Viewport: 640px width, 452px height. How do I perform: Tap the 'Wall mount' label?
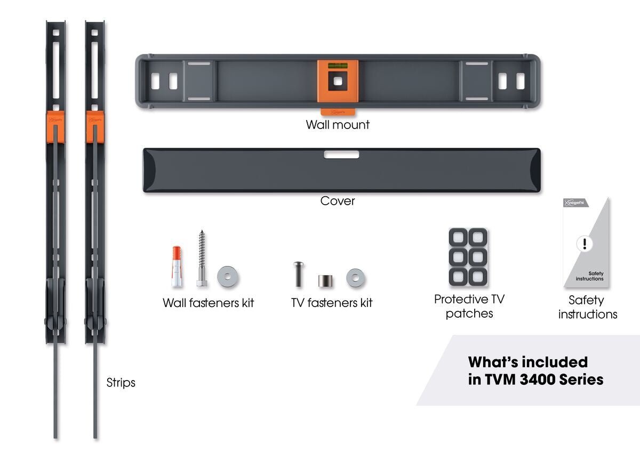(x=338, y=125)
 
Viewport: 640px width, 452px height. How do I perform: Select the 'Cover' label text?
(x=337, y=201)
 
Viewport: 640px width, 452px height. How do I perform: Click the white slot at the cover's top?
(x=341, y=155)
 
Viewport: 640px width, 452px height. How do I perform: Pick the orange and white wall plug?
(x=177, y=267)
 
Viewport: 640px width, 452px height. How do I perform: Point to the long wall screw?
(x=202, y=259)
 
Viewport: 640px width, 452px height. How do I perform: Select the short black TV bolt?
(x=298, y=274)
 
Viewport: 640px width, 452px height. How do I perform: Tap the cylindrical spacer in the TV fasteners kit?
(x=325, y=280)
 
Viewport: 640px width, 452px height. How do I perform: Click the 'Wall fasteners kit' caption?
(x=208, y=303)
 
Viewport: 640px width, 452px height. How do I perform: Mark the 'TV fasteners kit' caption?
(x=331, y=303)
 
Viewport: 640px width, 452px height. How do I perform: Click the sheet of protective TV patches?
(x=468, y=257)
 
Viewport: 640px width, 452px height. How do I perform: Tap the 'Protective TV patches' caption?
(x=469, y=306)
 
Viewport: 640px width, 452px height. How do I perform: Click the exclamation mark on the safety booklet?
(x=585, y=244)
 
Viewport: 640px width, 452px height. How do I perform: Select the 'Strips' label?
(x=121, y=383)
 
